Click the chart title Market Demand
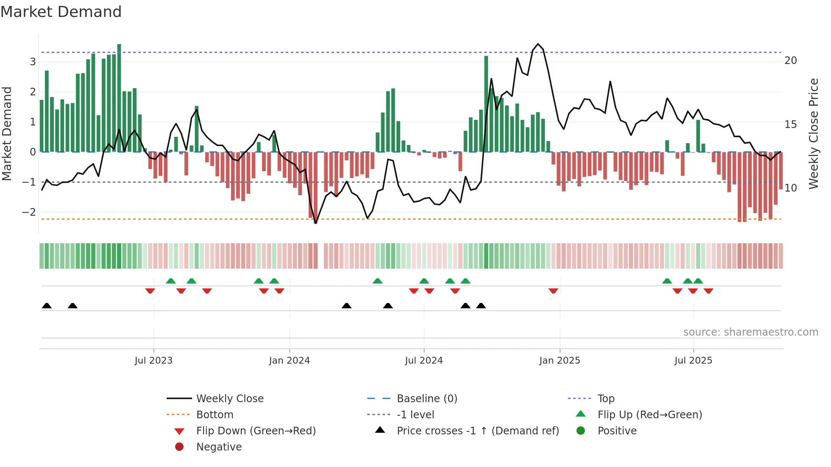pyautogui.click(x=61, y=12)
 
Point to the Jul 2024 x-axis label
pyautogui.click(x=424, y=361)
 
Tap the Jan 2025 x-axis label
pyautogui.click(x=560, y=361)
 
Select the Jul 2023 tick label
pyautogui.click(x=153, y=361)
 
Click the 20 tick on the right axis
pyautogui.click(x=790, y=61)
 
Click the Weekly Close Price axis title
pyautogui.click(x=813, y=133)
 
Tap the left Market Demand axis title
pyautogui.click(x=7, y=133)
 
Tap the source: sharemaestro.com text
pyautogui.click(x=750, y=332)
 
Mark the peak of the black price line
pyautogui.click(x=538, y=44)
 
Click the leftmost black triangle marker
pyautogui.click(x=47, y=306)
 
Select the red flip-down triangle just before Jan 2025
pyautogui.click(x=553, y=291)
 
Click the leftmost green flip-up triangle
pyautogui.click(x=171, y=281)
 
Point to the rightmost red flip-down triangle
pyautogui.click(x=708, y=291)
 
